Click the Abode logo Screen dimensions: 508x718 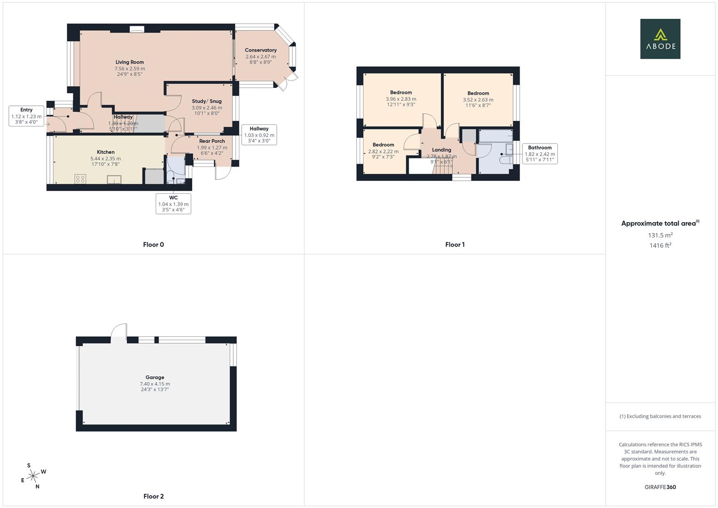(660, 39)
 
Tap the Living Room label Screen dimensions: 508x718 (130, 62)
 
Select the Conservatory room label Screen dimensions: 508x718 (260, 50)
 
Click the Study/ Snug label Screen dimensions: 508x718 (206, 101)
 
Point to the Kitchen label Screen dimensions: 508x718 (106, 152)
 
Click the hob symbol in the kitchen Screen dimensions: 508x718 (80, 179)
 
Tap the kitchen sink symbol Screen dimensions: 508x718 (114, 179)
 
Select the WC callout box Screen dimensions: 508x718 (173, 204)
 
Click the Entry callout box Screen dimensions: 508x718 (26, 116)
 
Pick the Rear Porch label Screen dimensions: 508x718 (212, 141)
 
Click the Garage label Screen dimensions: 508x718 (155, 377)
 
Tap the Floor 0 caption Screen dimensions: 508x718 (153, 245)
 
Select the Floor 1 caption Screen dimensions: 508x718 (455, 245)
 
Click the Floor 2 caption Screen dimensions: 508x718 (153, 496)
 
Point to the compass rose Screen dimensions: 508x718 (33, 476)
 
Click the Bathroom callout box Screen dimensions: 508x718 (540, 154)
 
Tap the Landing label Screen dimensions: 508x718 (442, 150)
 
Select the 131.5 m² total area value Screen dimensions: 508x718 (660, 235)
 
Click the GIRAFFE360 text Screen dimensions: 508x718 (660, 487)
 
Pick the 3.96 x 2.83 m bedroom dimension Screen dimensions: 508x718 (401, 99)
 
